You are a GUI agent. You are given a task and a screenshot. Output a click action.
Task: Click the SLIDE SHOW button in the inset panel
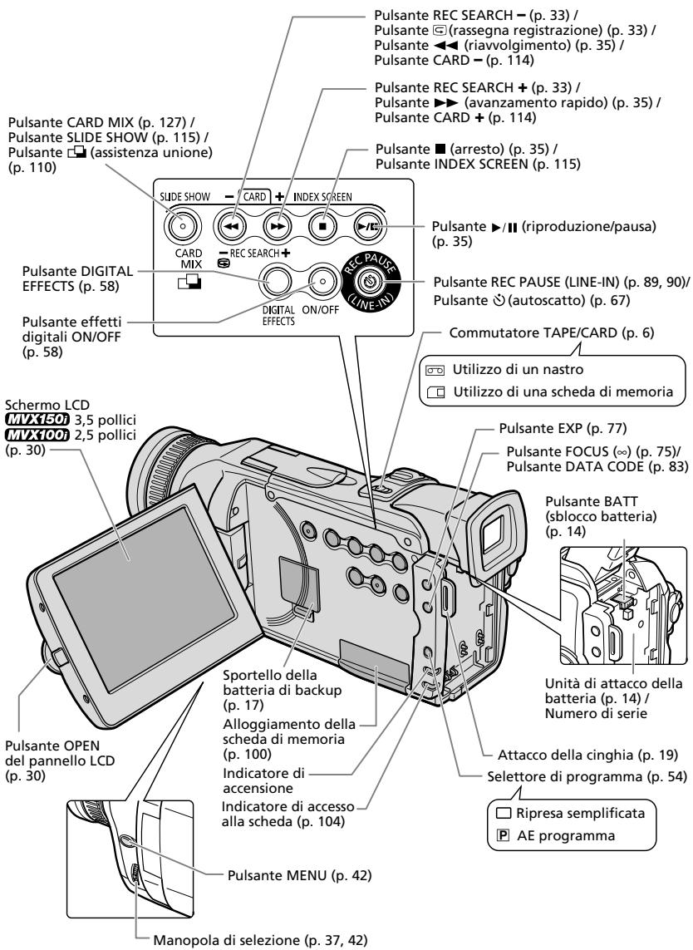point(180,226)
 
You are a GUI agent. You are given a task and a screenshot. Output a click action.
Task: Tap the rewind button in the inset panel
point(231,227)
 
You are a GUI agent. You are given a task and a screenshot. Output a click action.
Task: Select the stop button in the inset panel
point(323,227)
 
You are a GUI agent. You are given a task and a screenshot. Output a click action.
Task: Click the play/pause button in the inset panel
point(369,227)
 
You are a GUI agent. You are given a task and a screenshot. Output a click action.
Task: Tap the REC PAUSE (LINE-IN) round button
point(370,281)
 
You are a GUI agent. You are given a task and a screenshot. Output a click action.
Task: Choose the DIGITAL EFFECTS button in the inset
point(276,281)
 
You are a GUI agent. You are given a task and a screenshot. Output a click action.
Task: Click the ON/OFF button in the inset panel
point(323,281)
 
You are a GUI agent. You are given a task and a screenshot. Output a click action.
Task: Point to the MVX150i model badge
point(37,420)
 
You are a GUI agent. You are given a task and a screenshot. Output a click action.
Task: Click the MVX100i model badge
point(37,435)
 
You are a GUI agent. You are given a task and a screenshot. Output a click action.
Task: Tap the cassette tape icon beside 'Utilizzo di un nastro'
point(435,370)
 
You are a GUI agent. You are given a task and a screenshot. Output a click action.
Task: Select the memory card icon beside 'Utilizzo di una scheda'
point(435,392)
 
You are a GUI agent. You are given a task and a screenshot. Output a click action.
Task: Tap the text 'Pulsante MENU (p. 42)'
point(299,875)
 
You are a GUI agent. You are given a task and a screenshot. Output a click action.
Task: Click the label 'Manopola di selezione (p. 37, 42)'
point(260,940)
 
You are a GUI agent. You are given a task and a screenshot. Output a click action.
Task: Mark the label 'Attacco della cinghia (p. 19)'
point(587,755)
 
